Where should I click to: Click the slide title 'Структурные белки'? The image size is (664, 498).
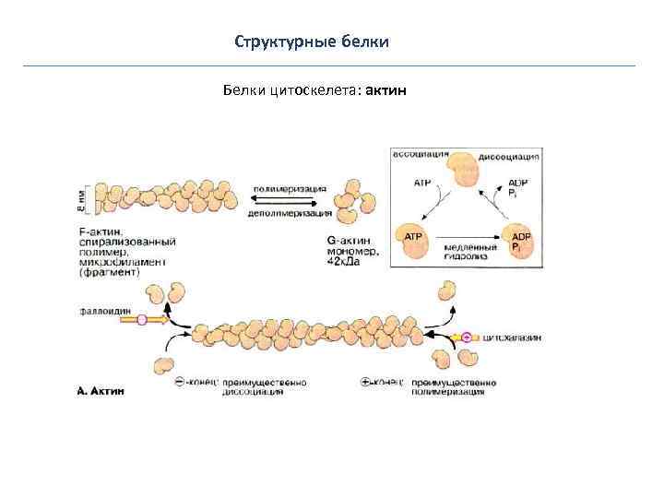(x=312, y=42)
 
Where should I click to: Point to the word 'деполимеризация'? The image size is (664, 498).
(x=290, y=212)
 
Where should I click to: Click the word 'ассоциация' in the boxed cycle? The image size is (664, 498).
(x=421, y=153)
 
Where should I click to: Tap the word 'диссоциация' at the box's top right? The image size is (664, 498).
(x=509, y=157)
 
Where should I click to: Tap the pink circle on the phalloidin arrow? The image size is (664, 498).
(x=141, y=320)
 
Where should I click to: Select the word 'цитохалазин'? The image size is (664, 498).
(x=512, y=338)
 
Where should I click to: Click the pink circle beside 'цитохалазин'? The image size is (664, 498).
(x=467, y=338)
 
